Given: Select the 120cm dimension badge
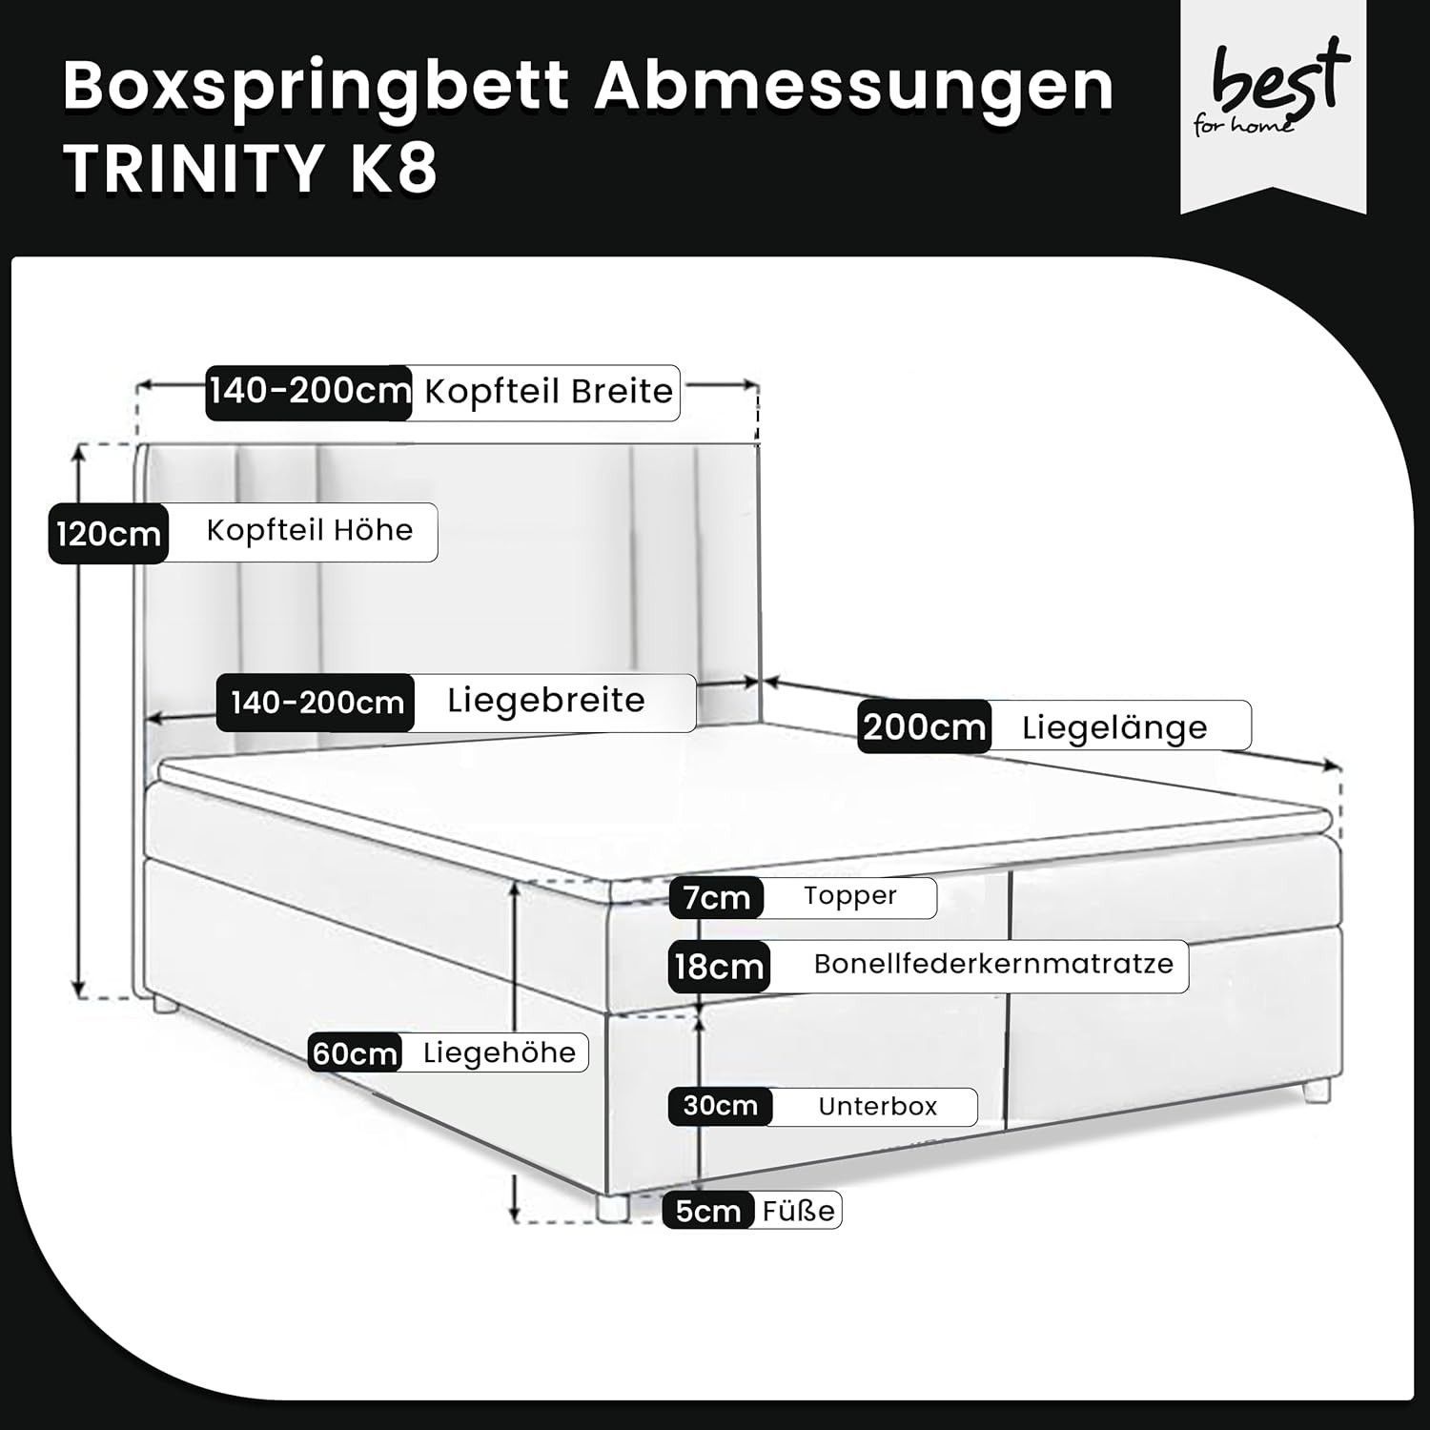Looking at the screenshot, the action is pos(109,533).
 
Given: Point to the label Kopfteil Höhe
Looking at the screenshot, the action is pos(310,530).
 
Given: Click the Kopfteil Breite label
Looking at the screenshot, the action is pos(548,391).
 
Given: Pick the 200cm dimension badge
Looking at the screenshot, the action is pos(924,727).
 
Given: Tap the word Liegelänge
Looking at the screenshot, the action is pos(1114,728).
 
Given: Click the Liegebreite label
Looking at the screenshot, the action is pos(546,701).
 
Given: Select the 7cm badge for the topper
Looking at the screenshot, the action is pos(717,897).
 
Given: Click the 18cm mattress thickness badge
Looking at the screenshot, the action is pos(719,967).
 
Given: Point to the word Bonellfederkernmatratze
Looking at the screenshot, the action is pos(993,964).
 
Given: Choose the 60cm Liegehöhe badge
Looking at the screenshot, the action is pos(355,1053).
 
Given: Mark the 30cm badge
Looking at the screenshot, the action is pos(721,1106).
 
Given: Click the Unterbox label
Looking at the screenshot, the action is pos(878,1107).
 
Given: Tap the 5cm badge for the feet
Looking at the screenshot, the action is pos(708,1211).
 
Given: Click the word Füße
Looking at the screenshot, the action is pos(799,1211).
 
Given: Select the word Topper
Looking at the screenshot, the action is pos(850,896).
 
